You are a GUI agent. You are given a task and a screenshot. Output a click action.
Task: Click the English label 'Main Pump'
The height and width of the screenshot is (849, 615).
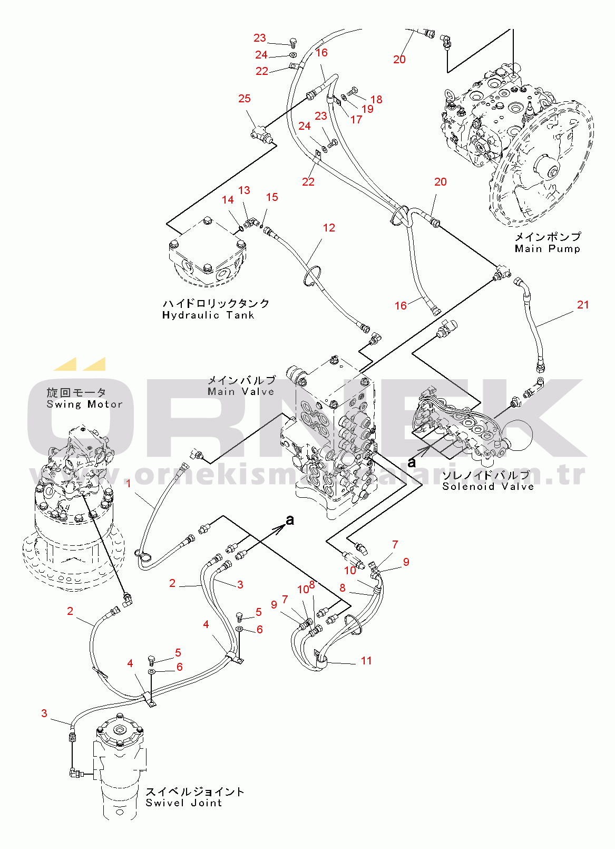[547, 249]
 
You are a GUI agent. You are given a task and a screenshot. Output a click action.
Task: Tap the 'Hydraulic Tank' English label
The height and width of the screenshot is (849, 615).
[208, 315]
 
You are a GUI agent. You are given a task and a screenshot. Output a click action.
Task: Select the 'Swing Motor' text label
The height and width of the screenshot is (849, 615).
[84, 404]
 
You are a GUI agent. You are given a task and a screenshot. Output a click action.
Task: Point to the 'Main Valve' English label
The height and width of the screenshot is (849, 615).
[241, 392]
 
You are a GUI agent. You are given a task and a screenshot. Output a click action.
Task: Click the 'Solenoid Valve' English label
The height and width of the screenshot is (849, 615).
[488, 487]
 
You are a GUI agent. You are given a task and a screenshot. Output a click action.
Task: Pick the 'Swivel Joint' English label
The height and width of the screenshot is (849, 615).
[184, 803]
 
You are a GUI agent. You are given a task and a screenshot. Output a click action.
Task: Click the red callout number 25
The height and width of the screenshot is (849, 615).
[244, 99]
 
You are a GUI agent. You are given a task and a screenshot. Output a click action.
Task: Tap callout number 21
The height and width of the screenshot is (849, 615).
[583, 305]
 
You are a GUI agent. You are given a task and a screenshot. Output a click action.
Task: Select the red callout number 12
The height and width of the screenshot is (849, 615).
[329, 228]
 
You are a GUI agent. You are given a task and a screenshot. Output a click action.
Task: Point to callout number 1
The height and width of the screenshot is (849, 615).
[129, 483]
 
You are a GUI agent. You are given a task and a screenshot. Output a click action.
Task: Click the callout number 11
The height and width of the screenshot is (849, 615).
[366, 661]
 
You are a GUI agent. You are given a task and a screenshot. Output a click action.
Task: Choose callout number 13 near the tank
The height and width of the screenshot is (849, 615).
[244, 190]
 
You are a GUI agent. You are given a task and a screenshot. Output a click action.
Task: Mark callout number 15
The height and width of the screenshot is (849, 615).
[272, 197]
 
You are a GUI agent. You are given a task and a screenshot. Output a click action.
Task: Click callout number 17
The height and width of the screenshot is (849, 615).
[356, 120]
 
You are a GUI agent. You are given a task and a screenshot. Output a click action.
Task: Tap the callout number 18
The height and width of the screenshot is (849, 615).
[376, 100]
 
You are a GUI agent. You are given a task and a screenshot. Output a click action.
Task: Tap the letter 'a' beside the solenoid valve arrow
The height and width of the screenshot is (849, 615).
[412, 463]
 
